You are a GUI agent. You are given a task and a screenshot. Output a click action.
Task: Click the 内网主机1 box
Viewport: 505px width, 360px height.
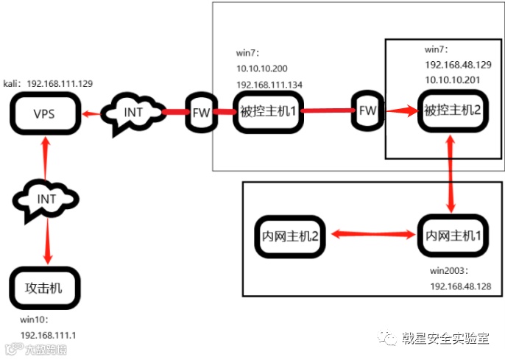pos(453,236)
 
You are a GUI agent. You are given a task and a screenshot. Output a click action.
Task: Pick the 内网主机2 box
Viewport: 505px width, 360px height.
pos(290,236)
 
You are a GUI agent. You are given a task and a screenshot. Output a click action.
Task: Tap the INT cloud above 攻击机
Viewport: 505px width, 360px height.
pos(46,199)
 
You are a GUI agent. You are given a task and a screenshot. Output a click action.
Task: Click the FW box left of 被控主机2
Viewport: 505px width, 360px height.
pos(367,111)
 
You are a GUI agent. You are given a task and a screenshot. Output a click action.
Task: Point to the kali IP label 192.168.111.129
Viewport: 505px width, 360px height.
pos(60,84)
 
